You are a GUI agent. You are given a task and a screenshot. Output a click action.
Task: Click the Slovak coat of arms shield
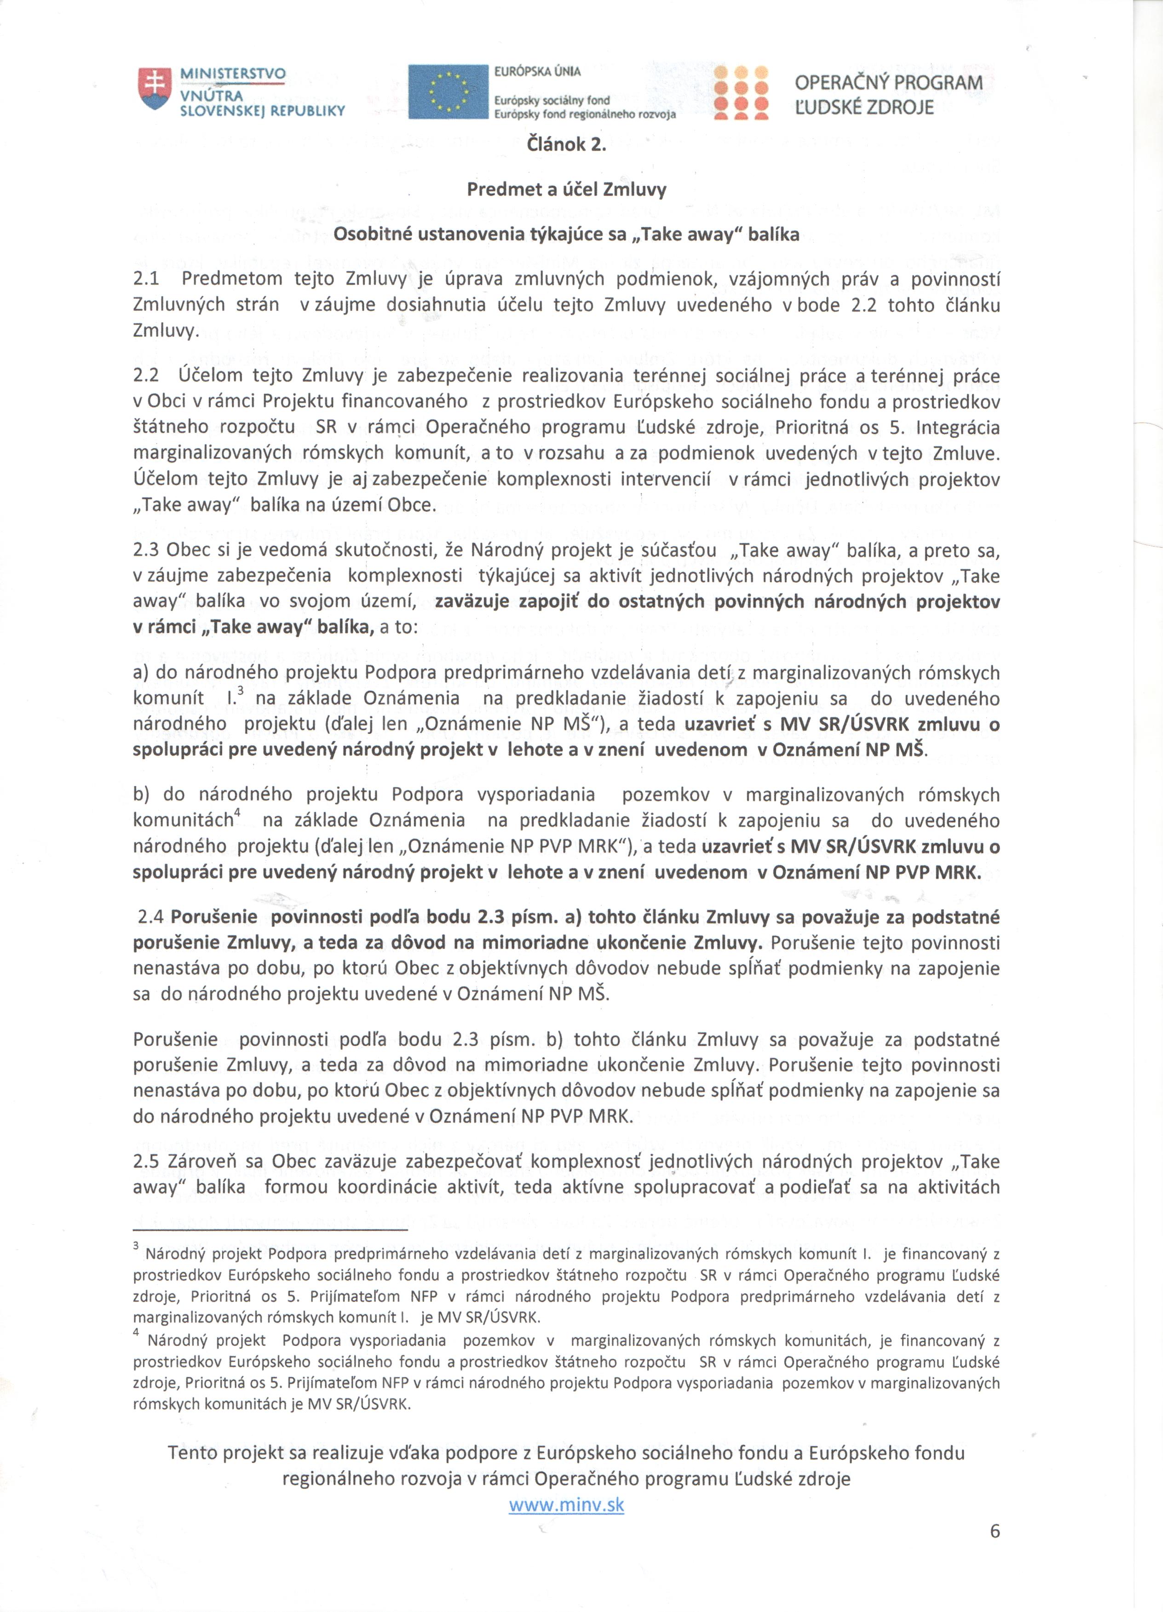[155, 89]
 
